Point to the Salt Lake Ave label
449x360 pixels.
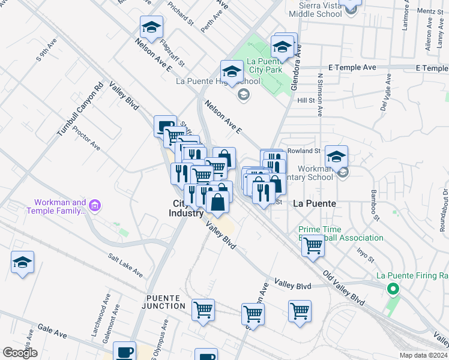(x=125, y=265)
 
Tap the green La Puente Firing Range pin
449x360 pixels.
(x=393, y=290)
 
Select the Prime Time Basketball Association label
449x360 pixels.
(x=341, y=233)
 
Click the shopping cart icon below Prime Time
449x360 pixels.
(x=313, y=245)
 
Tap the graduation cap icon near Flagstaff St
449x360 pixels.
(x=152, y=27)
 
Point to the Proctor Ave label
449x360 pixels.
(x=85, y=137)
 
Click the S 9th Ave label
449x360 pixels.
(x=47, y=50)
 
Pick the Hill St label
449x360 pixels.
(x=306, y=101)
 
